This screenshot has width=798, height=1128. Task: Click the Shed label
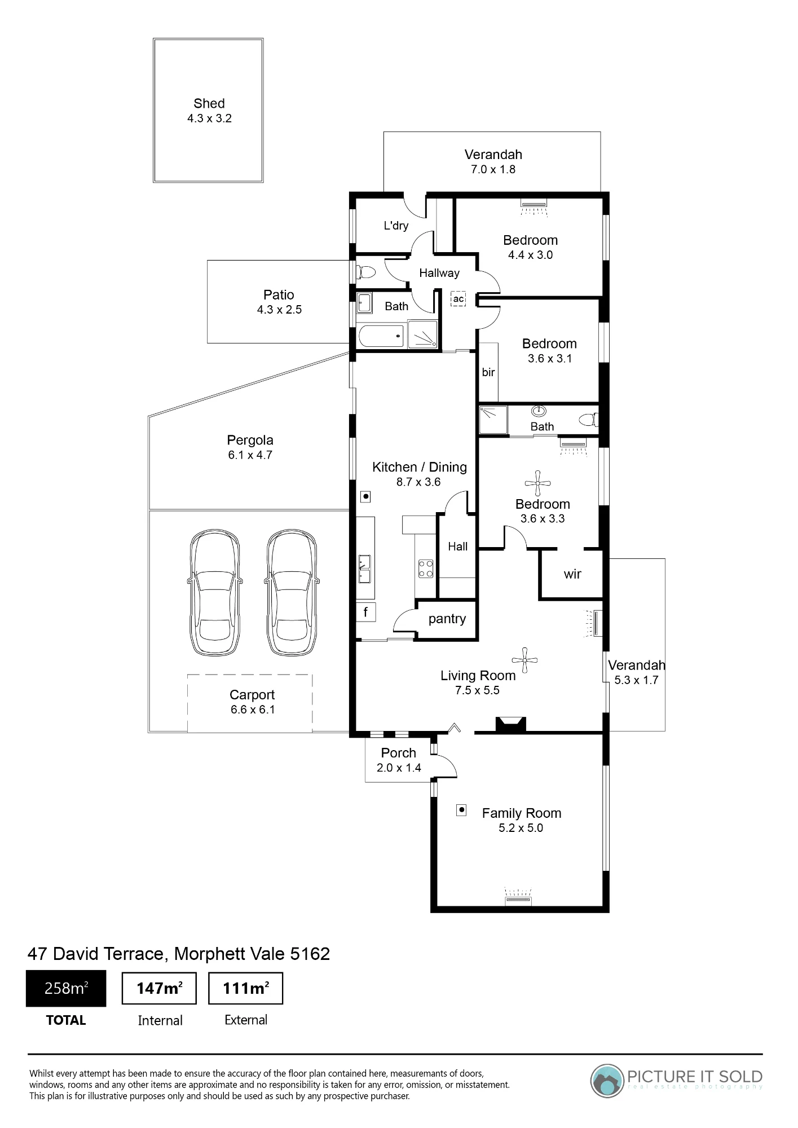pyautogui.click(x=209, y=103)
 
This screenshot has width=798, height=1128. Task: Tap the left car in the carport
pyautogui.click(x=215, y=592)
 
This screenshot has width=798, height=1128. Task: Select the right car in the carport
pyautogui.click(x=292, y=592)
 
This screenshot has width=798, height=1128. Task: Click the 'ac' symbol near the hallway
pyautogui.click(x=458, y=299)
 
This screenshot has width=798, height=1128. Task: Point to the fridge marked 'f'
pyautogui.click(x=366, y=612)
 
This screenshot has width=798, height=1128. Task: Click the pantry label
pyautogui.click(x=447, y=619)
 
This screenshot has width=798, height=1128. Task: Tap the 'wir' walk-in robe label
pyautogui.click(x=572, y=574)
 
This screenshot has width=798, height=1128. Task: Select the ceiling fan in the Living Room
pyautogui.click(x=525, y=660)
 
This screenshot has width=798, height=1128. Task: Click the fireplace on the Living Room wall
pyautogui.click(x=511, y=724)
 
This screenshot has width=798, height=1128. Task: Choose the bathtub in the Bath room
pyautogui.click(x=381, y=336)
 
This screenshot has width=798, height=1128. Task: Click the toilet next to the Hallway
pyautogui.click(x=367, y=273)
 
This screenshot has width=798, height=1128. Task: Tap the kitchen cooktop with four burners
pyautogui.click(x=426, y=568)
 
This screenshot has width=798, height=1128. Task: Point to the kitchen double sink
pyautogui.click(x=365, y=569)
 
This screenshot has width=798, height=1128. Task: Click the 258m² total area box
pyautogui.click(x=66, y=988)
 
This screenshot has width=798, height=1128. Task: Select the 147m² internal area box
pyautogui.click(x=159, y=988)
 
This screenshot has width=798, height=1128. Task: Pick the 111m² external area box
pyautogui.click(x=245, y=988)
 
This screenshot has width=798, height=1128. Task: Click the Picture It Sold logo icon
pyautogui.click(x=607, y=1081)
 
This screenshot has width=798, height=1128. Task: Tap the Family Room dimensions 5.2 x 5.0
pyautogui.click(x=521, y=828)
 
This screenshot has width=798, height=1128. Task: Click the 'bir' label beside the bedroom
pyautogui.click(x=488, y=372)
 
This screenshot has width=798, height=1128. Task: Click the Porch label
pyautogui.click(x=399, y=753)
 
